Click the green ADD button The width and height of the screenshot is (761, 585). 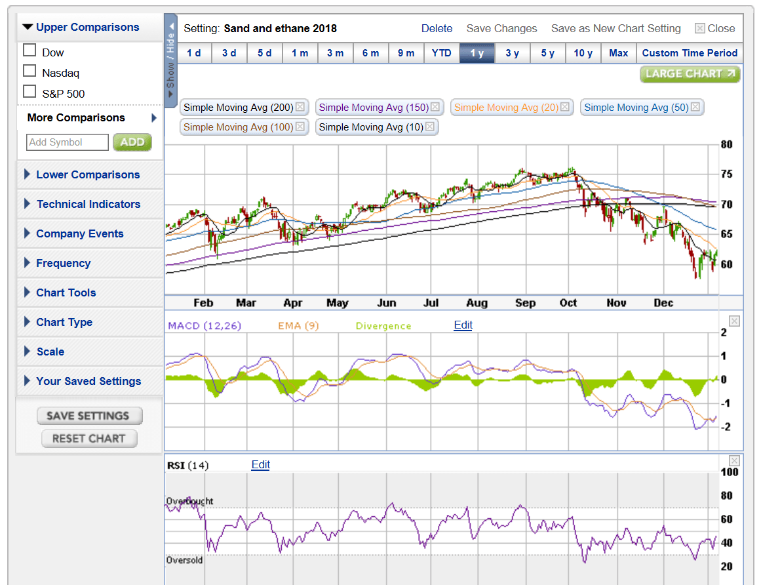(132, 142)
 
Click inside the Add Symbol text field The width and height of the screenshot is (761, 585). (68, 142)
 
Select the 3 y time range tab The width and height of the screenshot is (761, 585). (513, 53)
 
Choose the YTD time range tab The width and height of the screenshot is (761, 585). (442, 53)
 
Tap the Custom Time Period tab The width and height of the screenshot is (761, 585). (690, 53)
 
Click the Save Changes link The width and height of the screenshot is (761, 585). (501, 28)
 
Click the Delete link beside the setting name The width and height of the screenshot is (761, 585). (437, 28)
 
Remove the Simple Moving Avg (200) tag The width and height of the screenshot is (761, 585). (300, 107)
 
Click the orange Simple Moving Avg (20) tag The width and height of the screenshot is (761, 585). (506, 107)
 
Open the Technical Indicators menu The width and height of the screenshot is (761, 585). (88, 204)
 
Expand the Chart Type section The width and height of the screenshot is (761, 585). (64, 322)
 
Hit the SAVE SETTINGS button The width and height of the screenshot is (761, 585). (88, 416)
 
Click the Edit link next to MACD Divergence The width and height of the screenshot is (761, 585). (463, 325)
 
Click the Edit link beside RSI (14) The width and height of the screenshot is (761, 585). (260, 464)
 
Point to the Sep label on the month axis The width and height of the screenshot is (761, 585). (525, 303)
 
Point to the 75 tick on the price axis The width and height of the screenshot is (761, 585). (726, 174)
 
